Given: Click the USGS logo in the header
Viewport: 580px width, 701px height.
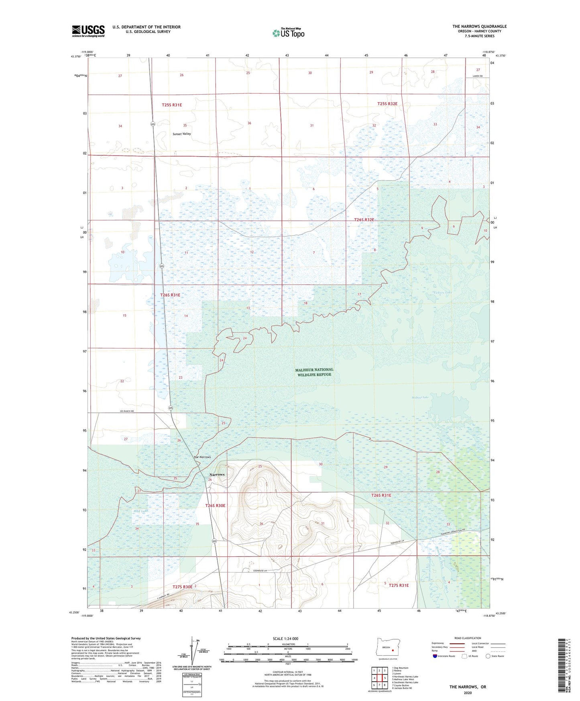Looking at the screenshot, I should (x=88, y=31).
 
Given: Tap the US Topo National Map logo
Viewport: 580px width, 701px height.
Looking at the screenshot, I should (x=288, y=33).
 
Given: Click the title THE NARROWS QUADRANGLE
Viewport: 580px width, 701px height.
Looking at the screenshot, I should (x=479, y=26).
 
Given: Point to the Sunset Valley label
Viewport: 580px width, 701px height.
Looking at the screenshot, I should (x=182, y=134).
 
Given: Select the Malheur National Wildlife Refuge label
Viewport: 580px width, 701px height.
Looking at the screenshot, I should (x=314, y=372).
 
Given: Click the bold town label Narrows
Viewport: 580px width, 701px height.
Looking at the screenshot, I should (x=217, y=475).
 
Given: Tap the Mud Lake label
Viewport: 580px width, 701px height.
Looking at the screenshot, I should (x=141, y=511).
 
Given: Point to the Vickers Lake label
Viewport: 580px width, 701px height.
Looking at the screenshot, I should (x=443, y=292).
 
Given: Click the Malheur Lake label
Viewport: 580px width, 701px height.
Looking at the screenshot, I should (x=420, y=397).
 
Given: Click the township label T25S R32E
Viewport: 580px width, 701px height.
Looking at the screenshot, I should (x=387, y=104).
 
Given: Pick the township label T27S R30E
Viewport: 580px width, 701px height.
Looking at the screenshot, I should (x=183, y=587).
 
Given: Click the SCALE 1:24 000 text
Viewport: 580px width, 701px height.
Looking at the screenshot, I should (x=285, y=638).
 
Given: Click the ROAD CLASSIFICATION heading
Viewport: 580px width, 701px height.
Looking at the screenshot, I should (x=468, y=638).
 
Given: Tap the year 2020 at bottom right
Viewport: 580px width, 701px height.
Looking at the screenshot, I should (x=468, y=693).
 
